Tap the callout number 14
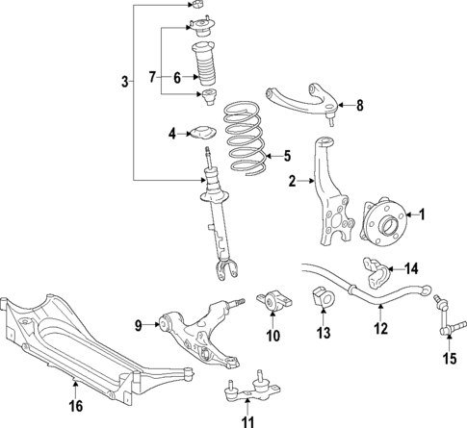click(410, 268)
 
